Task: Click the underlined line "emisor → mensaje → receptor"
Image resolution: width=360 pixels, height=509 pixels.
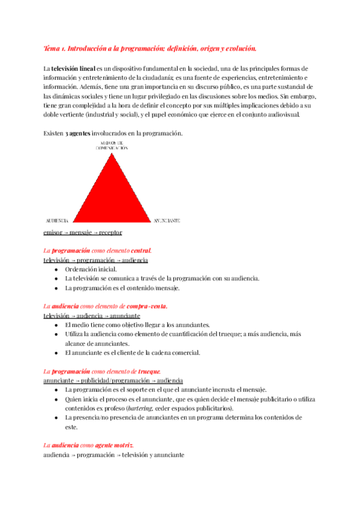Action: (83, 232)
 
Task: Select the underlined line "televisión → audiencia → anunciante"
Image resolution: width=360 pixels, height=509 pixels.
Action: (92, 315)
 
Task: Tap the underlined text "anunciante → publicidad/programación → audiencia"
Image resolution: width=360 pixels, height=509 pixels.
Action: (113, 381)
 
